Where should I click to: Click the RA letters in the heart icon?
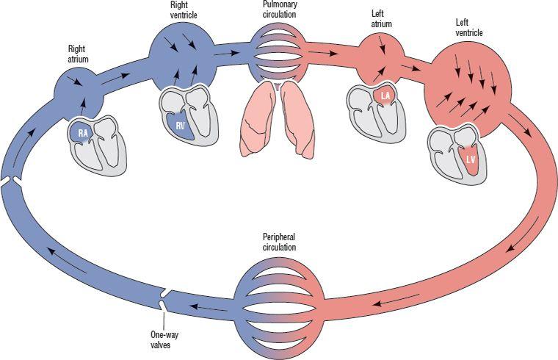tap(84, 133)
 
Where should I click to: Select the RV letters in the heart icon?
tap(180, 125)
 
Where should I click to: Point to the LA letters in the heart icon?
tap(385, 95)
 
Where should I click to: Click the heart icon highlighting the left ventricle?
tap(456, 153)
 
